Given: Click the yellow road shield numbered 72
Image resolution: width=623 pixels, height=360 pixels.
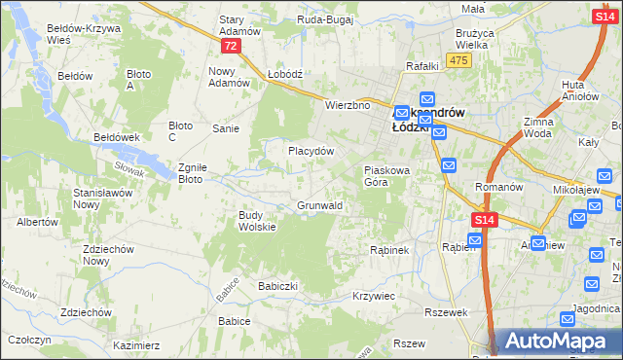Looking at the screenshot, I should click(230, 46).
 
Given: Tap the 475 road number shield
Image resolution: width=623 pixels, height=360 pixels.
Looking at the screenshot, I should click(460, 61).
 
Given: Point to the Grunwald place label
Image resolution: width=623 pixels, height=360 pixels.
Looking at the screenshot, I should click(318, 206).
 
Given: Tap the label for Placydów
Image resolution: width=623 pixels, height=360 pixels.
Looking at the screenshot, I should click(311, 151).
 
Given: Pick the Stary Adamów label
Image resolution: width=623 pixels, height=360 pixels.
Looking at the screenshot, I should click(239, 25).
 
